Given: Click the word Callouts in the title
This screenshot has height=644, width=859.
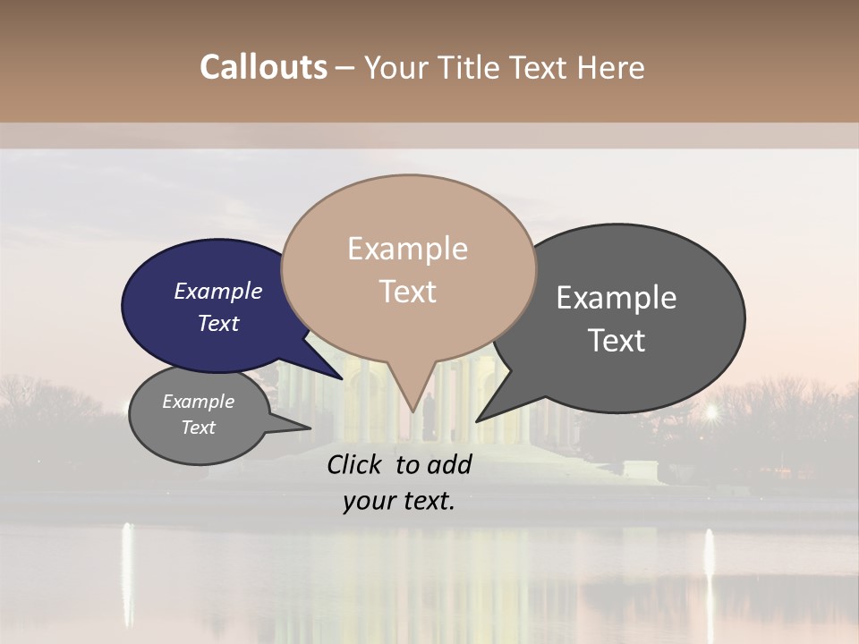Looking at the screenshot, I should click(263, 67).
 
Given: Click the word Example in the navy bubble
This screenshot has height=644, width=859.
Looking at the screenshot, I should click(217, 291).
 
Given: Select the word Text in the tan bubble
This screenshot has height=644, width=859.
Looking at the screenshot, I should click(408, 292).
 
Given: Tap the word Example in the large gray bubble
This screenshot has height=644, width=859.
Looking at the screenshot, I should click(617, 298).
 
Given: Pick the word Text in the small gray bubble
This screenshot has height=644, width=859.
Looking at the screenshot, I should click(199, 428).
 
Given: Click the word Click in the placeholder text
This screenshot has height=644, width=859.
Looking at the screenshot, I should click(354, 464).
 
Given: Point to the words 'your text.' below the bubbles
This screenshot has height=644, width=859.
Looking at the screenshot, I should click(398, 501).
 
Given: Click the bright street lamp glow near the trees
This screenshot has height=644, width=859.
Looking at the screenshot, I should click(711, 412).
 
